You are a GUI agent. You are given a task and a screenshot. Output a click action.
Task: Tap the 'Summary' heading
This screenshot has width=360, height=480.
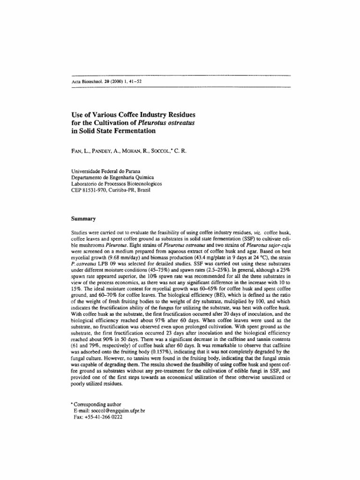coord(83,218)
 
